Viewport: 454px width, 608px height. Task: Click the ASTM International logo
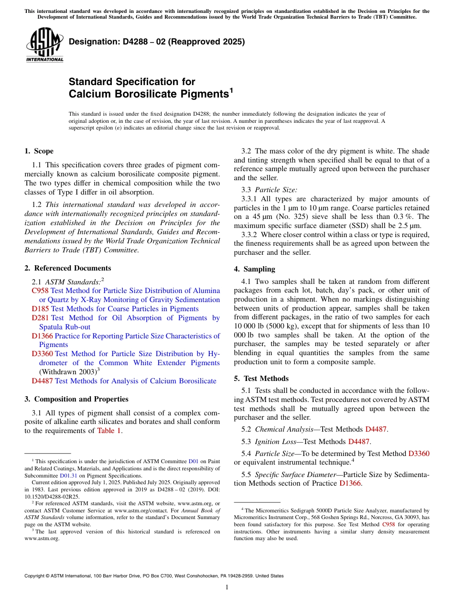point(44,45)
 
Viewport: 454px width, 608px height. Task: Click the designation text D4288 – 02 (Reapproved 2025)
point(157,42)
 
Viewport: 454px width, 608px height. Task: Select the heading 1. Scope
point(39,152)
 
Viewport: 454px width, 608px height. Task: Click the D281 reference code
point(40,318)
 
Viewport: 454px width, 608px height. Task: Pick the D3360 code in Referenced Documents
point(42,354)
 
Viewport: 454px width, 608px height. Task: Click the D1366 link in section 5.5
point(350,483)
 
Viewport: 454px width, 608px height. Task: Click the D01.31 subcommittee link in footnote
point(68,476)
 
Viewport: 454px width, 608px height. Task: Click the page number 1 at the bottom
point(227,587)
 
